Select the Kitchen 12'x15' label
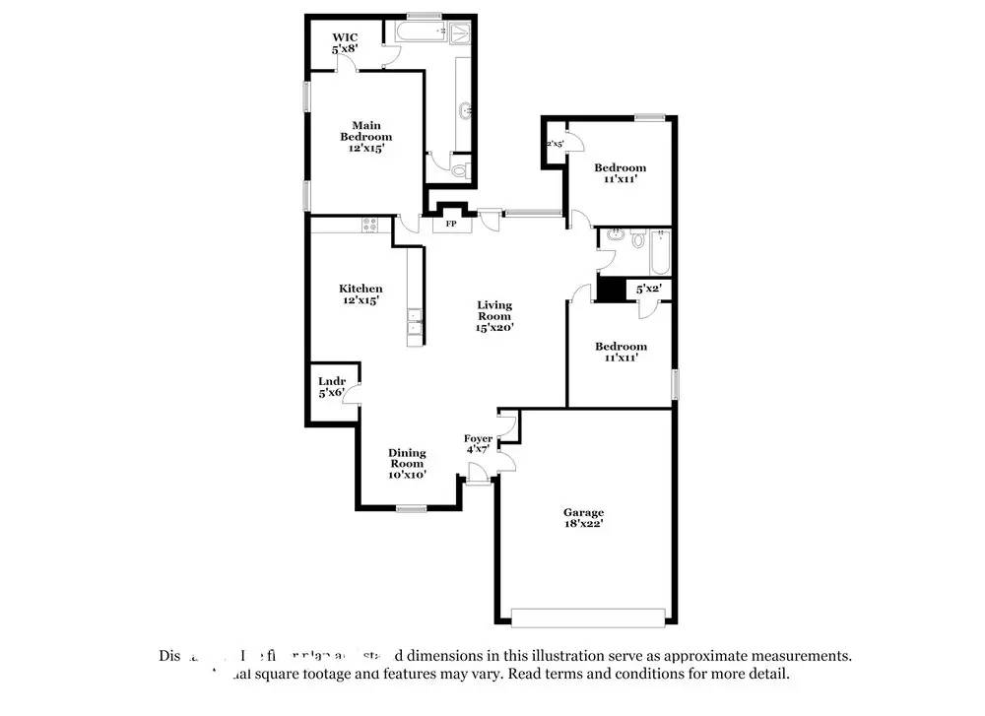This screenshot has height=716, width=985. click(361, 293)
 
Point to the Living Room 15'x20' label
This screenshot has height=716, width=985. click(494, 316)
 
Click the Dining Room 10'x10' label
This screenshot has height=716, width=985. click(407, 464)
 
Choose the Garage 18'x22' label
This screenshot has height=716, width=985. click(583, 518)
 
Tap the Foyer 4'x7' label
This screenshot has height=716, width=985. click(479, 443)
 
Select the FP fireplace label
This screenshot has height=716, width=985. click(452, 224)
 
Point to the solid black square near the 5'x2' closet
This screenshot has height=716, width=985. click(613, 290)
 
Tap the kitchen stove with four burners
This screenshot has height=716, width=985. click(371, 225)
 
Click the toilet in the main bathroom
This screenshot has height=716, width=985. click(459, 170)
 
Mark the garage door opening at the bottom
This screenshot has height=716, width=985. click(588, 618)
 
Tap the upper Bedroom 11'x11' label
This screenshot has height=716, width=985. click(621, 173)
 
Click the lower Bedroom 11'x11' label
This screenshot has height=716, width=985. click(621, 352)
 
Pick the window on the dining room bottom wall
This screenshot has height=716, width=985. click(412, 508)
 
